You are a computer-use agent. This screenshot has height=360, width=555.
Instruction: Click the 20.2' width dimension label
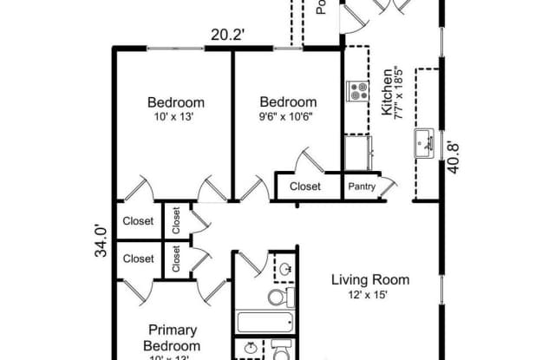click(x=229, y=36)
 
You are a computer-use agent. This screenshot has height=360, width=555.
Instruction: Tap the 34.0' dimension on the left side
click(x=101, y=240)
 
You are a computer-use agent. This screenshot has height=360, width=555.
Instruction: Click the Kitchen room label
click(x=387, y=96)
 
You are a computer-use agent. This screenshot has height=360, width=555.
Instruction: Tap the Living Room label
click(x=370, y=279)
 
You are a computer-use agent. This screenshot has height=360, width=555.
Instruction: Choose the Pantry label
click(x=362, y=186)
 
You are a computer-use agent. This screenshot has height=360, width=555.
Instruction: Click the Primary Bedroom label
click(x=173, y=337)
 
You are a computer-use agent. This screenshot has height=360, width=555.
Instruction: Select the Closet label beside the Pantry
click(x=305, y=186)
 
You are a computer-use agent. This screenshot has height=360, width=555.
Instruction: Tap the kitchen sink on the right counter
click(x=425, y=141)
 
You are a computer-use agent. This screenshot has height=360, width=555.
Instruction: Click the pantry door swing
click(x=388, y=183)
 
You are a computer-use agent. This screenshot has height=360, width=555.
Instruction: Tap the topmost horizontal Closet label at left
click(x=138, y=219)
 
